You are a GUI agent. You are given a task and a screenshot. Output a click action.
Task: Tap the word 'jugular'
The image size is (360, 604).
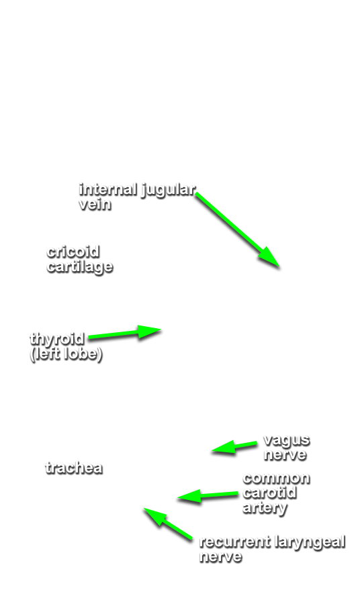pos(168,191)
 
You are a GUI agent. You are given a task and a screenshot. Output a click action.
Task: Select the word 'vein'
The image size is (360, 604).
pos(95,204)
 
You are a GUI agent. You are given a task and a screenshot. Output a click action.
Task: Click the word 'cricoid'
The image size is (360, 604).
pos(73,252)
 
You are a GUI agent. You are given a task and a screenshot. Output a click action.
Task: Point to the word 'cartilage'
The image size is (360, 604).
pos(79,267)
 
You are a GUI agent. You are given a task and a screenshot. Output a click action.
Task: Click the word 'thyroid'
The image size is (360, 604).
pos(56,340)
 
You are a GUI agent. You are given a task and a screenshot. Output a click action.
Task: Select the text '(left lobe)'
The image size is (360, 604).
pos(66,354)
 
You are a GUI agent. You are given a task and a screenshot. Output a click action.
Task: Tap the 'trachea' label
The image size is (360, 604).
pos(74,468)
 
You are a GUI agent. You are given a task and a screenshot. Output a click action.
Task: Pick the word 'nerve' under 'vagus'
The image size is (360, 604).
pos(285,455)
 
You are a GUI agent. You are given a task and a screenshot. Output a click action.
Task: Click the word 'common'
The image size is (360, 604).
pos(276,479)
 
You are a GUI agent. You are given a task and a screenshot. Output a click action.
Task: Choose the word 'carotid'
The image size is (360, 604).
pos(269,493)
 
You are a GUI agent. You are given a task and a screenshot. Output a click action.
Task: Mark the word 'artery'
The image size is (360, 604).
pos(265,508)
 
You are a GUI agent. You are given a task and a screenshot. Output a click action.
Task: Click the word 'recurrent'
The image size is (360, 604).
pos(234,542)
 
